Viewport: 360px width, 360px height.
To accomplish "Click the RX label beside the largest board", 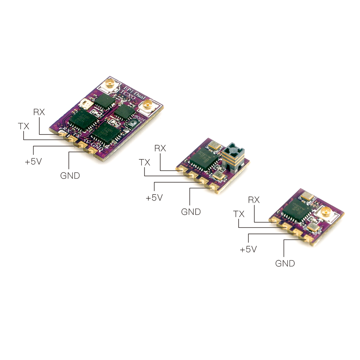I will [x=39, y=112].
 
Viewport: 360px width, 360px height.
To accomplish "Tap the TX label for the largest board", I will [x=24, y=126].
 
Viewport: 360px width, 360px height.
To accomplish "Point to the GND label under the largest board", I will [x=70, y=176].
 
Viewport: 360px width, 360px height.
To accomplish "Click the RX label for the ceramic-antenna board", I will [x=160, y=148].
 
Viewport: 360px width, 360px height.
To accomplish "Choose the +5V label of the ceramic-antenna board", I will [x=154, y=198].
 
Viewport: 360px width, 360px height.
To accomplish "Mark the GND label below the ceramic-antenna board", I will [x=191, y=212].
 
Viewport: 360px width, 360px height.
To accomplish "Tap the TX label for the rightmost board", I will [x=239, y=214].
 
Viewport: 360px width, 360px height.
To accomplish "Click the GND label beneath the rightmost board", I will [x=285, y=263].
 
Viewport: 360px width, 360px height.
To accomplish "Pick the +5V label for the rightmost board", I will [x=248, y=249].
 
